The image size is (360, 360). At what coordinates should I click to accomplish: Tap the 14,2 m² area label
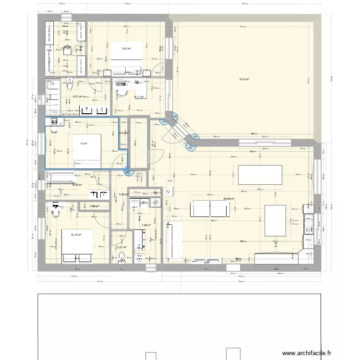(x=126, y=48)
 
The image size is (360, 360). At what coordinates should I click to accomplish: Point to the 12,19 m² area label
(x=75, y=235)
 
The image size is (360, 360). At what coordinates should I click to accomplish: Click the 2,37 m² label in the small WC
(x=121, y=248)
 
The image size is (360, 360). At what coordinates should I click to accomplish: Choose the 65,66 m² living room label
(x=228, y=199)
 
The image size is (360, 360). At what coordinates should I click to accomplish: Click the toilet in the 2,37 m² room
(x=121, y=260)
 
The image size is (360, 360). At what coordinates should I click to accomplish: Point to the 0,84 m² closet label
(x=94, y=206)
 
